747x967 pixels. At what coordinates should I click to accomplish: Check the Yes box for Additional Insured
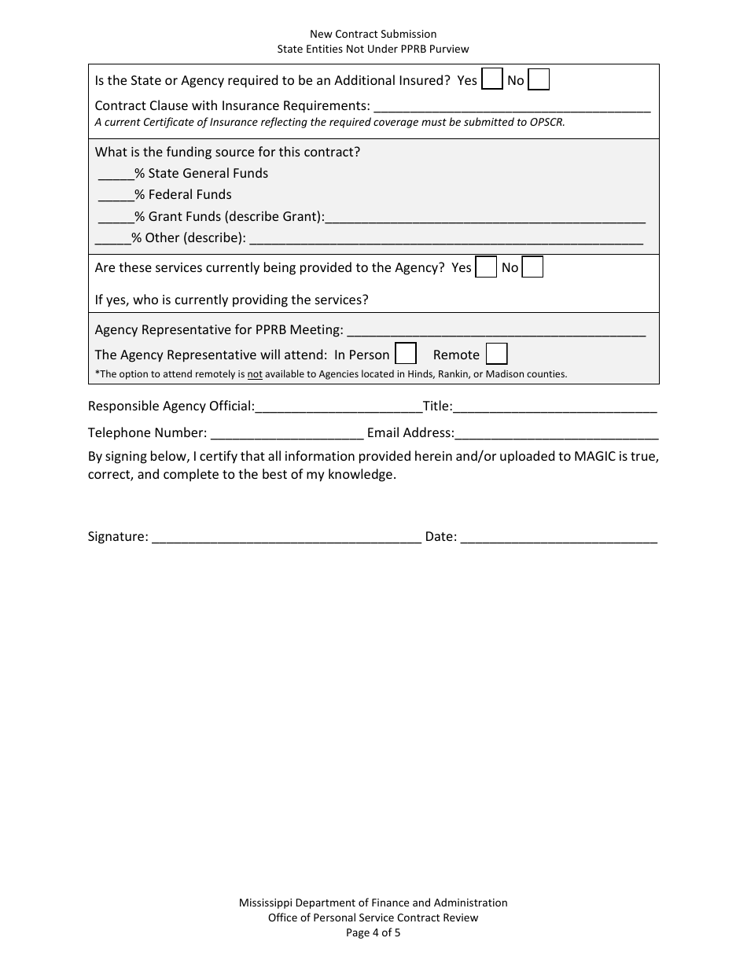tap(491, 79)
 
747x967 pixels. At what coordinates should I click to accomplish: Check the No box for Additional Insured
tap(539, 79)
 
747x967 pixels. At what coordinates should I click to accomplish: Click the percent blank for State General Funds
tap(116, 174)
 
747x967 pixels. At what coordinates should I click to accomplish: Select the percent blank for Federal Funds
tap(116, 195)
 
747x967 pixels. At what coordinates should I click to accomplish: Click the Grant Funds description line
tap(485, 217)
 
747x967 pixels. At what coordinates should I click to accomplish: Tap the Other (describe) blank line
tap(446, 238)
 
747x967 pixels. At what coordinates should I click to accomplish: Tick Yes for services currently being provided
tap(487, 267)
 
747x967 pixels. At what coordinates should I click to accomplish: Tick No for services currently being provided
tap(533, 267)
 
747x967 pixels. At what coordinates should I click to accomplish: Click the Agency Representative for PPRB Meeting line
tap(495, 329)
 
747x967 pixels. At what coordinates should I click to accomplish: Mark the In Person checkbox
tap(406, 354)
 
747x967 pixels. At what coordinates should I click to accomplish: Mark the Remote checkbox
tap(496, 354)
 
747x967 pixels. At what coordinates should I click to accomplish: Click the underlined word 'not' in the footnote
tap(255, 374)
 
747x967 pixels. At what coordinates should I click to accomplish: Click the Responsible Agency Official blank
tap(338, 407)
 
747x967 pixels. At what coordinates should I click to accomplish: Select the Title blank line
tap(555, 407)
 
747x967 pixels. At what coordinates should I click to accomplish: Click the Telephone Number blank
tap(287, 433)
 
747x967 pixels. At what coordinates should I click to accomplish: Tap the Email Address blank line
tap(557, 433)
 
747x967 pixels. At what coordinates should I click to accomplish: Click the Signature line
tap(286, 537)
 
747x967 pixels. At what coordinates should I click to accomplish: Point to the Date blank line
tap(558, 537)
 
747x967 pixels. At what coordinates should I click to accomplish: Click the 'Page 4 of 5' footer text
tap(373, 933)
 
